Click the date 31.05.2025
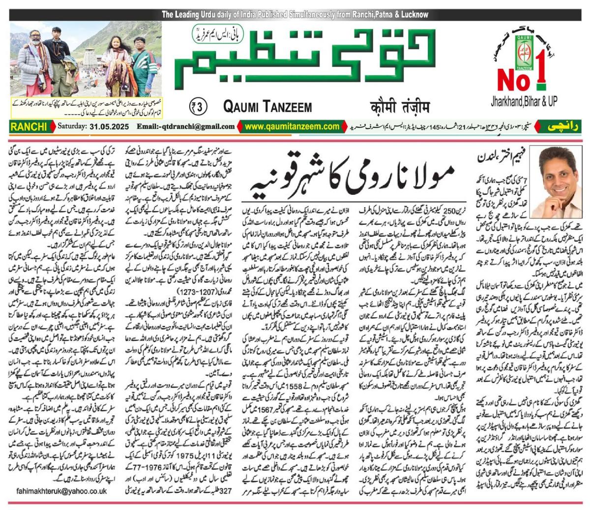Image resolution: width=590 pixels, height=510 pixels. (x=107, y=127)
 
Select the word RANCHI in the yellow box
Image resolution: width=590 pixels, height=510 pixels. (x=26, y=127)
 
